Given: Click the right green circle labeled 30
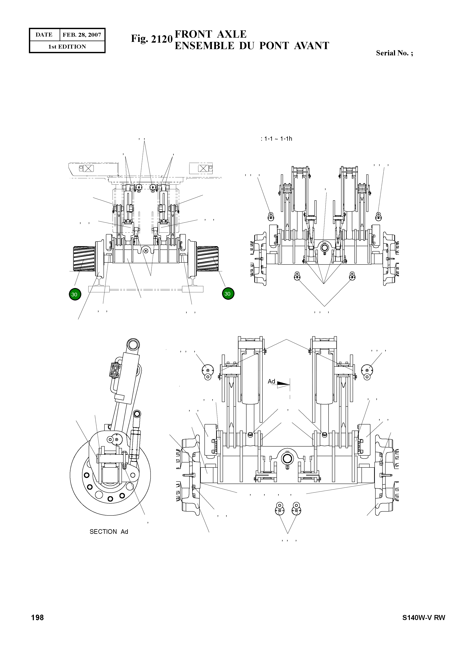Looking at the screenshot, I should [x=228, y=293].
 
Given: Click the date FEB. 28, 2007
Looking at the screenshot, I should [x=82, y=35].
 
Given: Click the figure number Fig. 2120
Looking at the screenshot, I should [x=151, y=39].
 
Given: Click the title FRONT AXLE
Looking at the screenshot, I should [x=210, y=34].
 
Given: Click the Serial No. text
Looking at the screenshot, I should [x=394, y=53].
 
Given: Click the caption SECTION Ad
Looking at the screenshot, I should [x=109, y=531].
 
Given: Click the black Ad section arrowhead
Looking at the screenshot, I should [x=283, y=383].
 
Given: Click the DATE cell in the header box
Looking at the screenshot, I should [x=44, y=35].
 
